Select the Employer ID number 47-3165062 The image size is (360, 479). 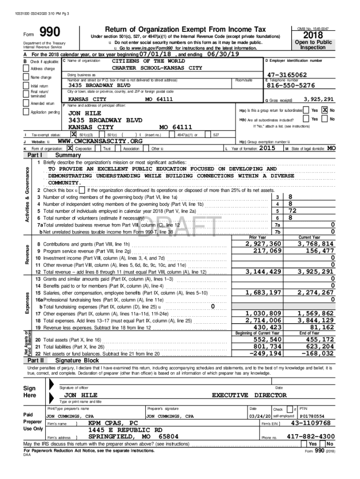(287, 75)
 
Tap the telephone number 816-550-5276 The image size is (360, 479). (290, 86)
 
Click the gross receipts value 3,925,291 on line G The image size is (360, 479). (318, 99)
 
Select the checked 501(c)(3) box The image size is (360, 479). (73, 135)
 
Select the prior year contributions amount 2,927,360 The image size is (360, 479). (263, 244)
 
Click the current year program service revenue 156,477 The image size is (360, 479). (318, 251)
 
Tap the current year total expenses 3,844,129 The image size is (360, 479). (316, 320)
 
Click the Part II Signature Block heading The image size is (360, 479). (77, 361)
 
